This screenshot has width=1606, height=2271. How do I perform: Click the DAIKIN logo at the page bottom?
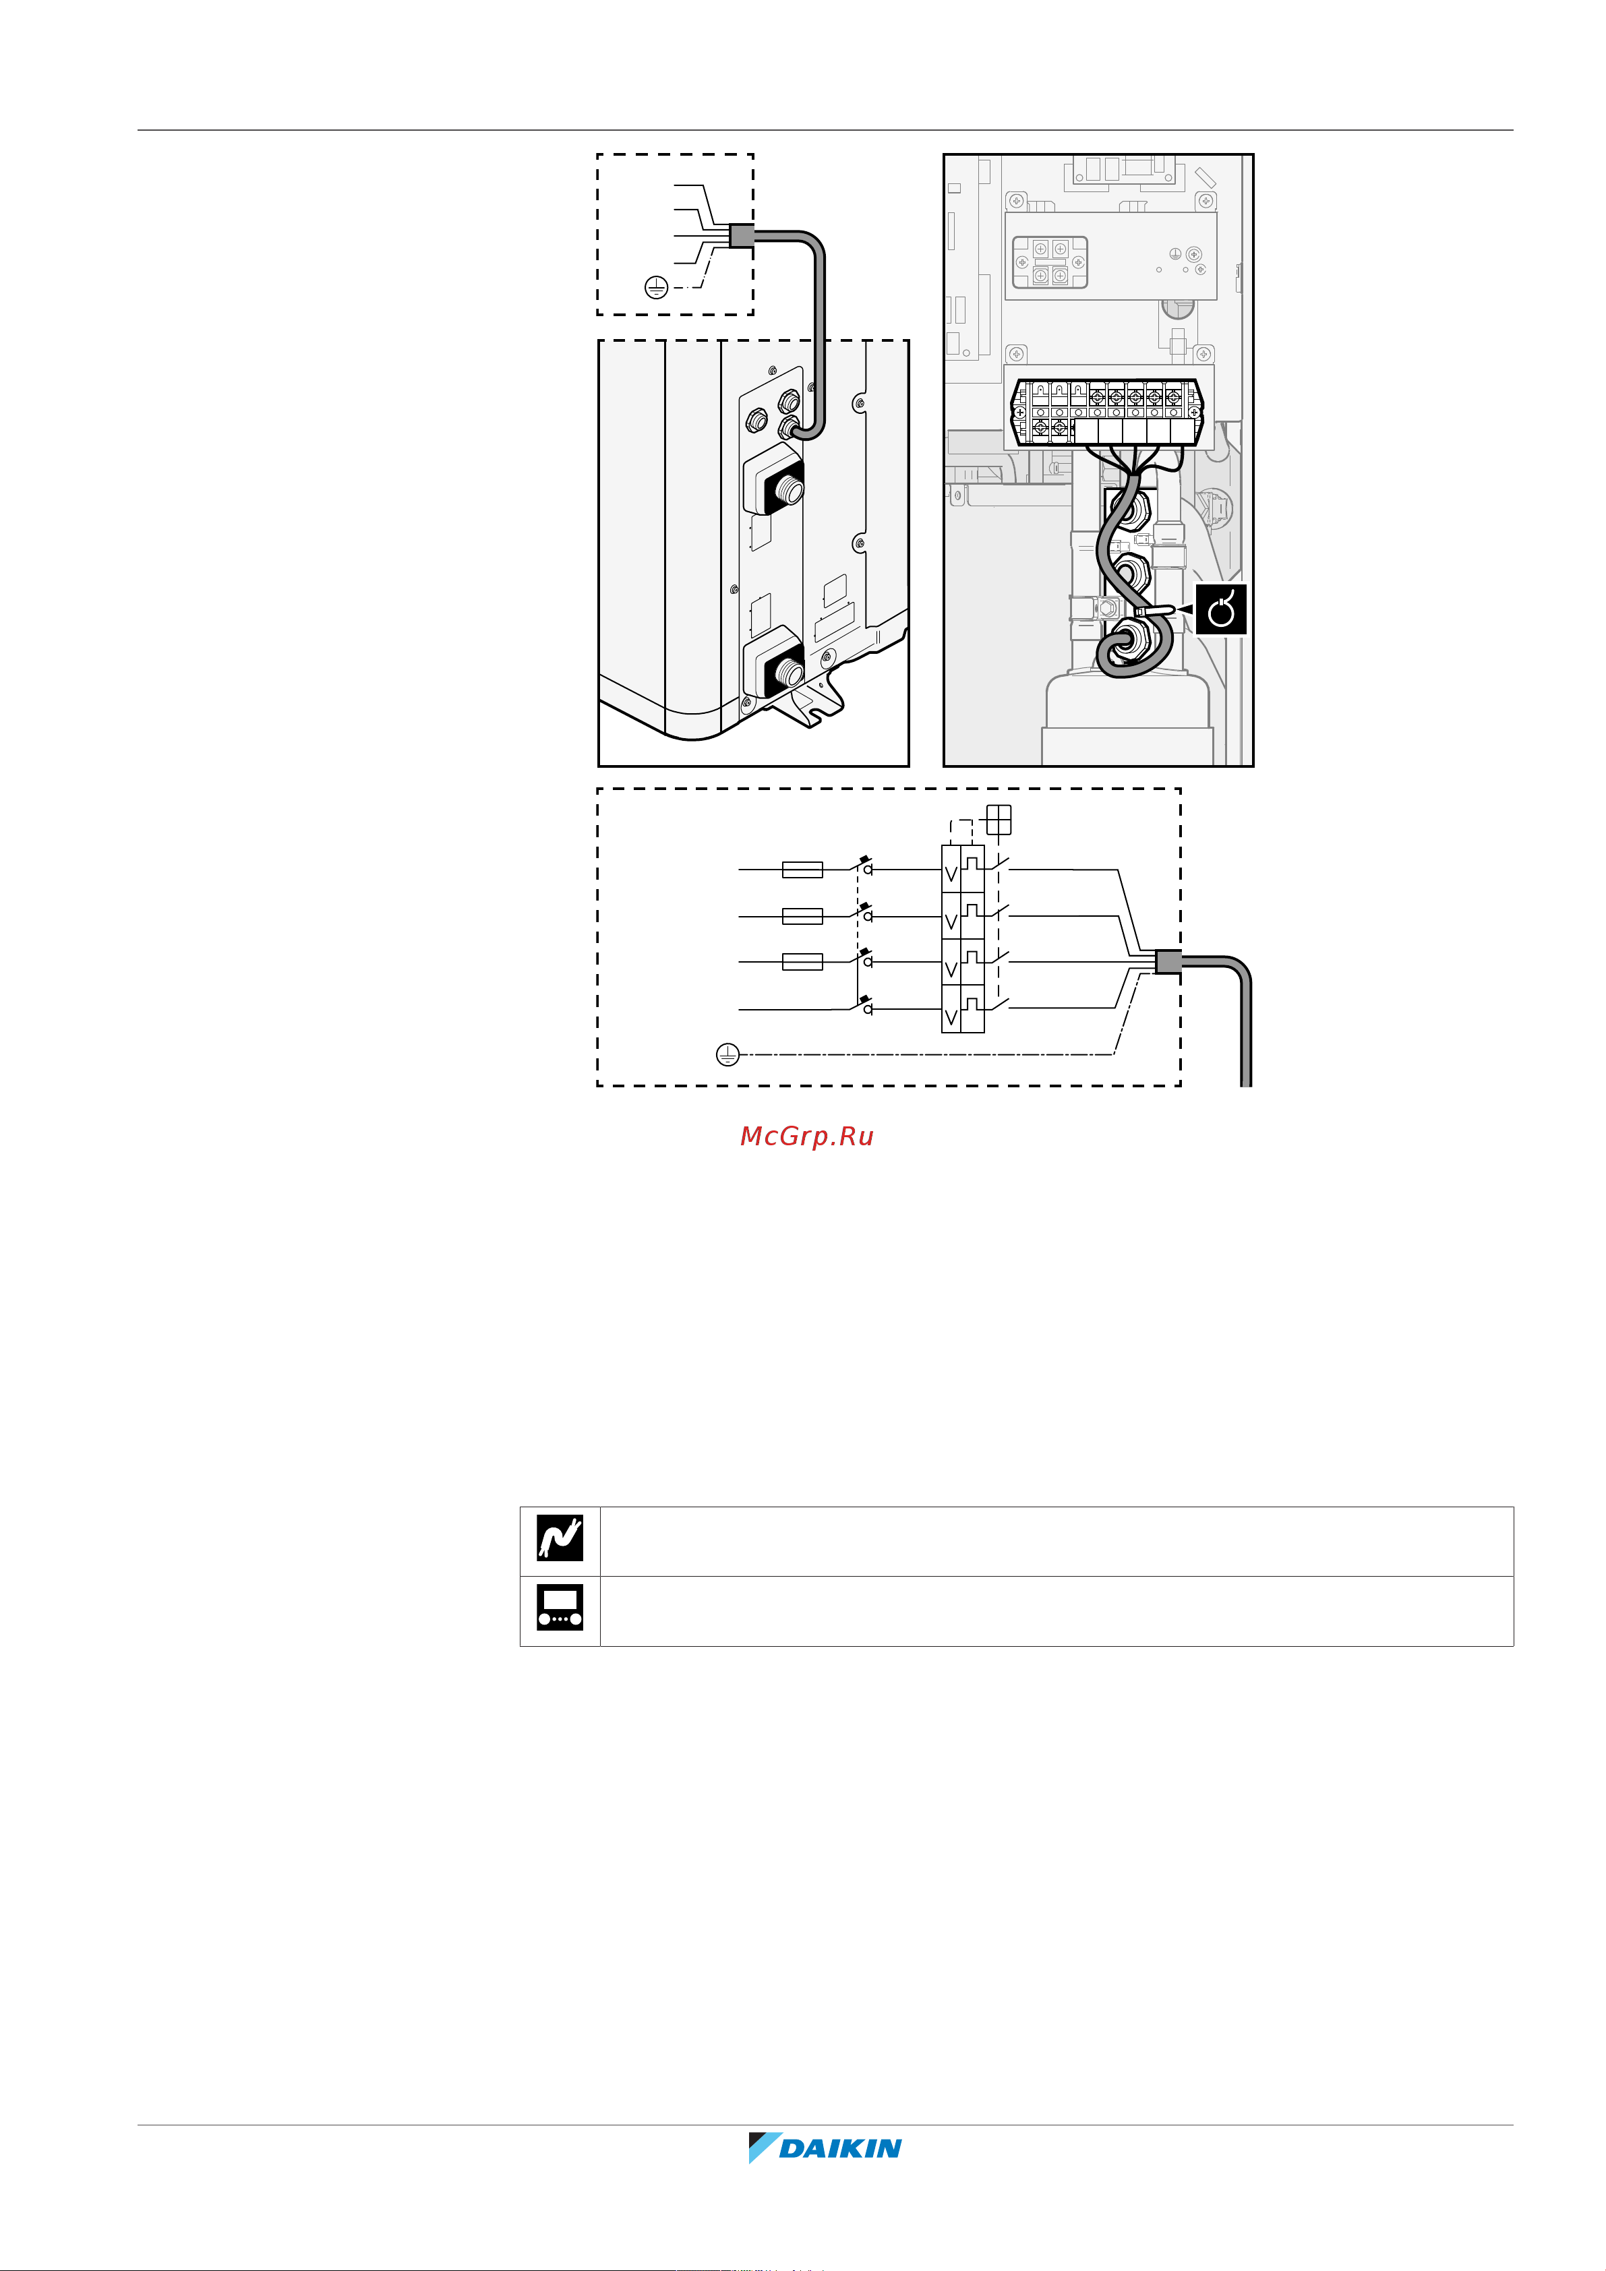(825, 2148)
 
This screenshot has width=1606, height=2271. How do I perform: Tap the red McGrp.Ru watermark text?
(806, 1137)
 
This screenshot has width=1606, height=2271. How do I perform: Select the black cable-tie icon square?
(1221, 609)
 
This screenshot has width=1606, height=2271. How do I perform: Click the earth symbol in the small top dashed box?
(656, 288)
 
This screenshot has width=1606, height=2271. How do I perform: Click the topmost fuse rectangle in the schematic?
(802, 870)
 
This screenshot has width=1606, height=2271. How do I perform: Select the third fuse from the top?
(802, 961)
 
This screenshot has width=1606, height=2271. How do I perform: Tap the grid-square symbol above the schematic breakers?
(999, 819)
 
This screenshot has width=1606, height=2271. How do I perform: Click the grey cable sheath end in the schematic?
(1168, 961)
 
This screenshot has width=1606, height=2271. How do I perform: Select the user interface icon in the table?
(560, 1607)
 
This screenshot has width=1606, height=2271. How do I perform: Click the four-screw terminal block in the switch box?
(1050, 262)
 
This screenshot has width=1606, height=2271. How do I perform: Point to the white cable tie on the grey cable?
(1158, 612)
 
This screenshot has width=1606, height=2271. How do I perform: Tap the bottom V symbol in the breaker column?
(951, 1017)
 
